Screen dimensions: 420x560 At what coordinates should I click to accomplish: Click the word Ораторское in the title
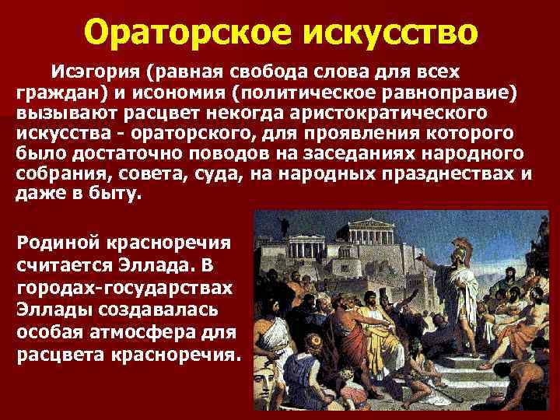pyautogui.click(x=184, y=33)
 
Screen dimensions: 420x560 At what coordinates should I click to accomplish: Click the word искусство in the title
pyautogui.click(x=387, y=33)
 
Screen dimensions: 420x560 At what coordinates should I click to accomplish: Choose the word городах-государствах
pyautogui.click(x=124, y=287)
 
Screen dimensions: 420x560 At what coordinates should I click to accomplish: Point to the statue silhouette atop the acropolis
pyautogui.click(x=285, y=226)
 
